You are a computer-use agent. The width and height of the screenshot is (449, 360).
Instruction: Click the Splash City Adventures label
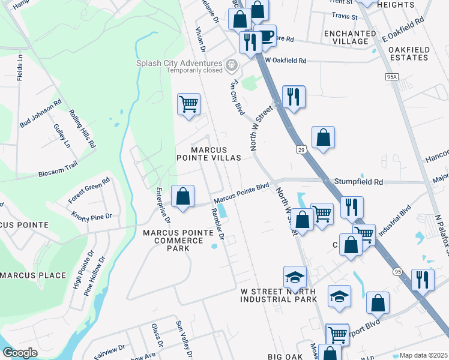point(178,64)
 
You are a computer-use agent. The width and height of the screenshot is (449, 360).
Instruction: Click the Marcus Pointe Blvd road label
point(241,192)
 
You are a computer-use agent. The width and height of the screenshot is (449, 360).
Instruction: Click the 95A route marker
point(392,77)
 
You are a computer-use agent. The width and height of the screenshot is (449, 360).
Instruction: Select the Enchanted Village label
point(346,37)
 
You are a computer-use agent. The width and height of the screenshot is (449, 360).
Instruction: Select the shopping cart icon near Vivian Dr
point(188,105)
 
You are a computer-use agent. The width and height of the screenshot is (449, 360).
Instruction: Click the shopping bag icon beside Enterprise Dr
point(182,196)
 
